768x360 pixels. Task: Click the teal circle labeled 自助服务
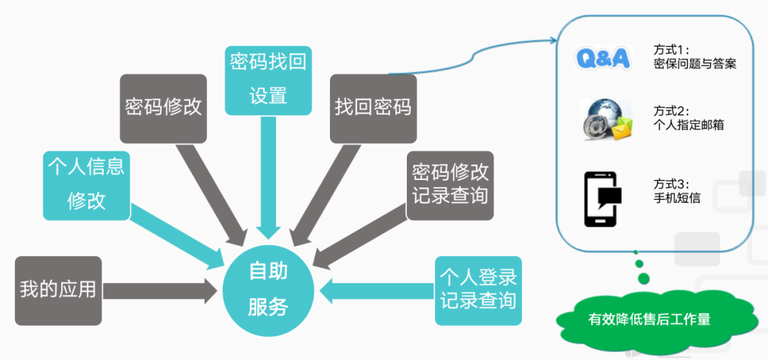pyautogui.click(x=268, y=290)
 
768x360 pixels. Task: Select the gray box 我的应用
pyautogui.click(x=58, y=290)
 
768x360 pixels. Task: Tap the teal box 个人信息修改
pyautogui.click(x=87, y=184)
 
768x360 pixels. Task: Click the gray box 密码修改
pyautogui.click(x=164, y=108)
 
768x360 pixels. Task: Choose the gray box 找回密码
pyautogui.click(x=373, y=108)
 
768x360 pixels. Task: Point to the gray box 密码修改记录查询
pyautogui.click(x=451, y=184)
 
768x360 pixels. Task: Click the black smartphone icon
pyautogui.click(x=602, y=198)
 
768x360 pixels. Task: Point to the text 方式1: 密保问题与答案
pyautogui.click(x=694, y=57)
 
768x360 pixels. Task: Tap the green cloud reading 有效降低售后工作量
pyautogui.click(x=649, y=319)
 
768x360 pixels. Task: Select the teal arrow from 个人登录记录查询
pyautogui.click(x=377, y=290)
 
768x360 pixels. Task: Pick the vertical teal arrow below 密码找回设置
pyautogui.click(x=268, y=178)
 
